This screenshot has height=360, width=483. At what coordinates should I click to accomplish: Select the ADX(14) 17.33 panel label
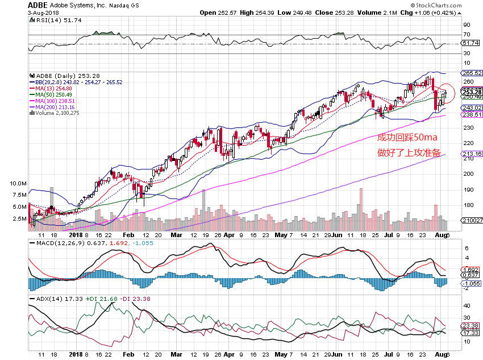click(48, 298)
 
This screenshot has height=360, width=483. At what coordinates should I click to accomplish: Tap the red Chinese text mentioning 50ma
click(408, 137)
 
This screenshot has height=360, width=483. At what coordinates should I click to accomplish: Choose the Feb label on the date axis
click(128, 234)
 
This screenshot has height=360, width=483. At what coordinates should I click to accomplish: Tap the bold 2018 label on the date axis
click(76, 234)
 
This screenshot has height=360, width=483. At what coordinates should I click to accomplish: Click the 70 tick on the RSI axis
click(467, 35)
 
